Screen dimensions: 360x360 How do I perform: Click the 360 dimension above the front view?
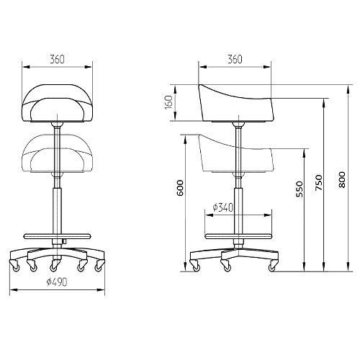click(58, 59)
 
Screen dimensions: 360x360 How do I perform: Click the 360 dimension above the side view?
click(235, 59)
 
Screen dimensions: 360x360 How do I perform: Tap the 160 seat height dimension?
click(168, 102)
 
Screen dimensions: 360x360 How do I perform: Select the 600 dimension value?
click(181, 188)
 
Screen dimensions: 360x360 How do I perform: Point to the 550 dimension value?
click(300, 189)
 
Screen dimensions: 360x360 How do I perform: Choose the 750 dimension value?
click(319, 183)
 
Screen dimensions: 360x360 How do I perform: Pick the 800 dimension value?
click(342, 179)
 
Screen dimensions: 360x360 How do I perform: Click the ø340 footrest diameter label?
click(223, 207)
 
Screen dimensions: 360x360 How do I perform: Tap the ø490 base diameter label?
click(57, 282)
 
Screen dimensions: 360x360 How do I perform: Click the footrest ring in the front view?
click(58, 236)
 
